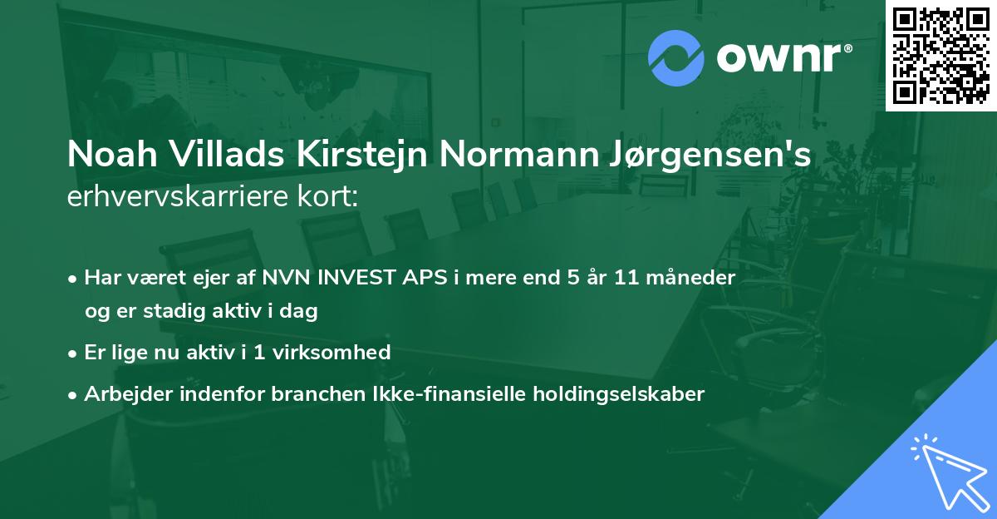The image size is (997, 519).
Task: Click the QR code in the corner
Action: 941,56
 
